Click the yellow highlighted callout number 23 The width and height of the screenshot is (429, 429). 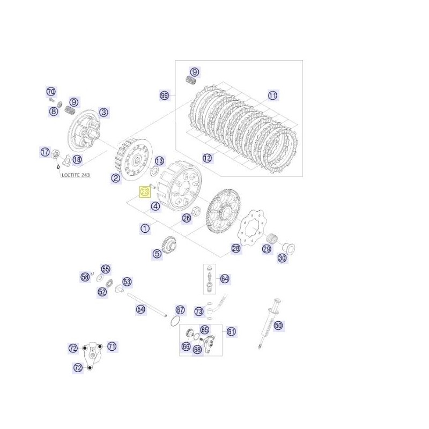145,192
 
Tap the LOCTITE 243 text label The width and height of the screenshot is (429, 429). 76,175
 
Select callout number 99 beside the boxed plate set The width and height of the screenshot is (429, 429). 164,95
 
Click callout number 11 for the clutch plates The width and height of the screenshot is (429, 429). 272,95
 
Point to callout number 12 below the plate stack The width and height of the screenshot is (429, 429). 208,158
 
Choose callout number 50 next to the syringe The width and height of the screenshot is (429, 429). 278,326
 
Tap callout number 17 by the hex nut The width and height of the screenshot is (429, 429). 45,152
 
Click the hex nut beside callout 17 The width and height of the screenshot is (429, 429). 56,154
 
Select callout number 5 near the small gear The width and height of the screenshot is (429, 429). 157,254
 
